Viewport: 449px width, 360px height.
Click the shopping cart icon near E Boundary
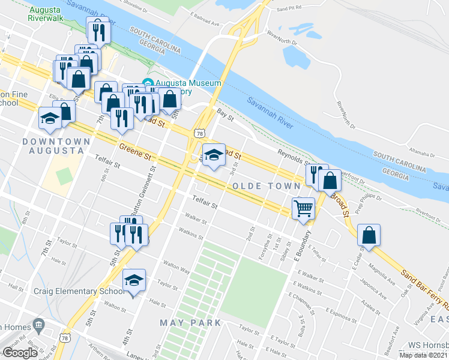304,208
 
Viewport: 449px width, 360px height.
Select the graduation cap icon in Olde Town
214,155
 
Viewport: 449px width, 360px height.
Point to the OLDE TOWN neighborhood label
262,187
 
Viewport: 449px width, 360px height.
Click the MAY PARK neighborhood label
190,323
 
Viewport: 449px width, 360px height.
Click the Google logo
20,353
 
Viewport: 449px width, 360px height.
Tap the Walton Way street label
177,267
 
